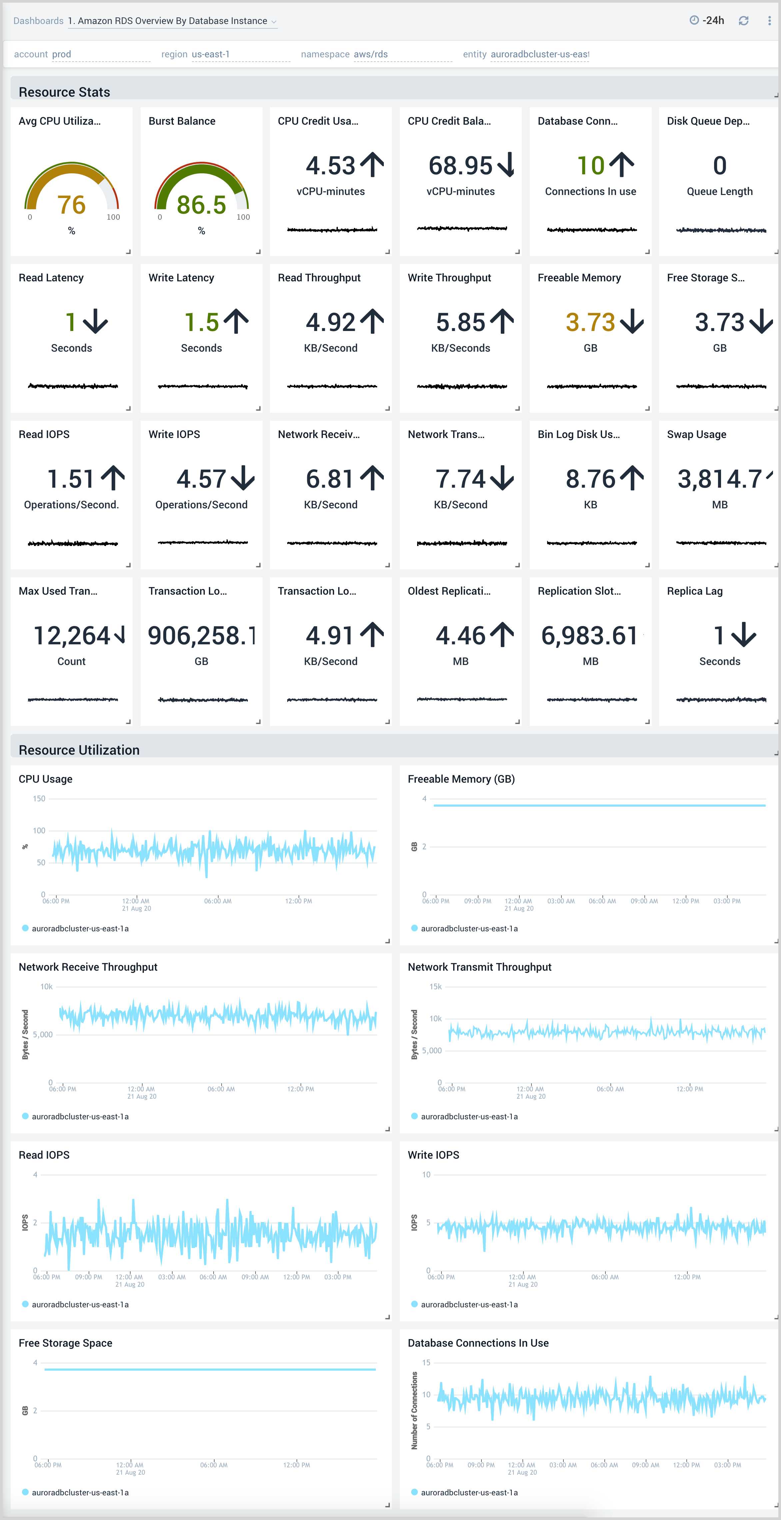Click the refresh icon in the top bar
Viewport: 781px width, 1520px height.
[743, 21]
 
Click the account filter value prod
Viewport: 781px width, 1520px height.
[61, 54]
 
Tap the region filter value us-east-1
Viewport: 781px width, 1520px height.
[211, 54]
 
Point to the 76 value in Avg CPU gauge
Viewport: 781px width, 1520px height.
[71, 205]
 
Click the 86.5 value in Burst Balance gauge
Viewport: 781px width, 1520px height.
[201, 205]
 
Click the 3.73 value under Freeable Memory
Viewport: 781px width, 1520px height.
[590, 322]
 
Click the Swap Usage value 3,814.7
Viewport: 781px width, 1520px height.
[720, 479]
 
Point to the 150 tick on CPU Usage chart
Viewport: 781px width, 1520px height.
[39, 799]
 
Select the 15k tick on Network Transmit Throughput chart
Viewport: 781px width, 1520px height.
[435, 987]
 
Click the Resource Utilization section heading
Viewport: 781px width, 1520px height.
[79, 750]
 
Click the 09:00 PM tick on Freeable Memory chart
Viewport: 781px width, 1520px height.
[477, 901]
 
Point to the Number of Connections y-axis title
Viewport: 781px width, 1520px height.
[414, 1410]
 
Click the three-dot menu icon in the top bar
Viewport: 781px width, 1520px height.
[769, 21]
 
